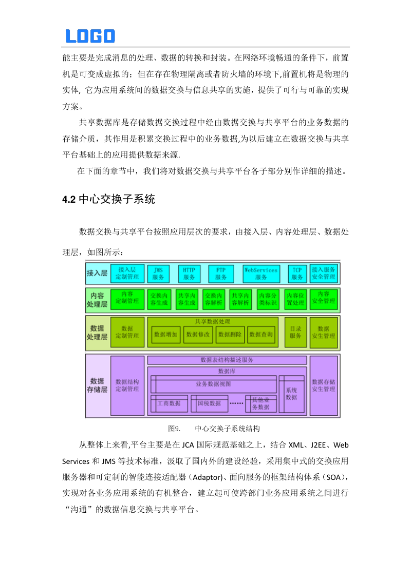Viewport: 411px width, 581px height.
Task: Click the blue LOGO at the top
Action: click(x=90, y=36)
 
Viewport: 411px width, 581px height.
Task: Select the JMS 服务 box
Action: click(x=158, y=273)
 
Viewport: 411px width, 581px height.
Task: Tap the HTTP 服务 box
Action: click(x=189, y=273)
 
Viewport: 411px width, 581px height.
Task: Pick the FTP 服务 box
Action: click(x=221, y=273)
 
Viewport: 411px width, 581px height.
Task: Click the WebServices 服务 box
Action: click(x=260, y=273)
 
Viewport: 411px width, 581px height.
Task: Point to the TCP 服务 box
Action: click(x=297, y=273)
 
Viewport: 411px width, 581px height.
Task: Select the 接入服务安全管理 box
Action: click(x=324, y=273)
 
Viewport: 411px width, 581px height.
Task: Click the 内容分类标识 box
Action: click(x=268, y=299)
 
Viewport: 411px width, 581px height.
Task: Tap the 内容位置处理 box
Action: click(x=296, y=299)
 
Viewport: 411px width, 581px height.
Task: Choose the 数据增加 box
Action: click(x=166, y=334)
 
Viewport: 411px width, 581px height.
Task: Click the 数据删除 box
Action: click(x=229, y=334)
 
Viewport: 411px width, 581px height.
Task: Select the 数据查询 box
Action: click(x=260, y=334)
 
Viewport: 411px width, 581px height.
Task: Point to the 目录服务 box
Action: click(x=295, y=332)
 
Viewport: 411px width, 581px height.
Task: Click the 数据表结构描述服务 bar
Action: click(x=227, y=360)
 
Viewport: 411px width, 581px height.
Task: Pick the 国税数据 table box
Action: click(x=209, y=403)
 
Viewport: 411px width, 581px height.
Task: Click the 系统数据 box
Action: click(x=291, y=394)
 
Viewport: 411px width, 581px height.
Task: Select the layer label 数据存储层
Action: click(x=97, y=385)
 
